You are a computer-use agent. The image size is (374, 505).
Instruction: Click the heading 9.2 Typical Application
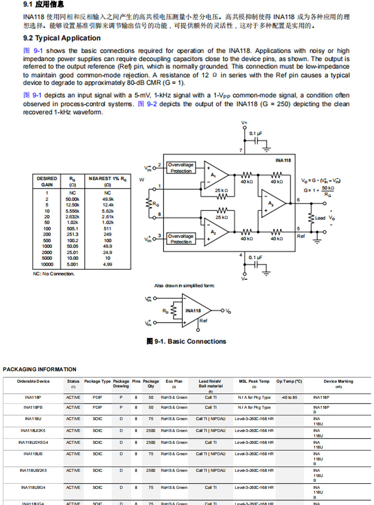pos(62,38)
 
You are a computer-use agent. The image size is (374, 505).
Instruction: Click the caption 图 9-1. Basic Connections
pos(187,341)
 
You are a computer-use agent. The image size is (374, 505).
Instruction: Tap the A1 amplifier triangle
pos(215,175)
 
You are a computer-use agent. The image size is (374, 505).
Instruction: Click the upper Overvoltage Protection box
pos(181,168)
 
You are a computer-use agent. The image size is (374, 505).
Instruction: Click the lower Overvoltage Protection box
pos(181,239)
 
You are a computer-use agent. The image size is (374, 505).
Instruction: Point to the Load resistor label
pos(320,218)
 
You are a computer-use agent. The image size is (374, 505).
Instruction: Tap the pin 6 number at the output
pos(298,200)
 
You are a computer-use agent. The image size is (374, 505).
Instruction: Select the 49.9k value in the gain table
pos(107,199)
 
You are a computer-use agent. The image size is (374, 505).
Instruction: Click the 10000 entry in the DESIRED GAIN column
pos(47,264)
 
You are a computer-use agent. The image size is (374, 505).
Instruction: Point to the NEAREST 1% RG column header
pos(107,181)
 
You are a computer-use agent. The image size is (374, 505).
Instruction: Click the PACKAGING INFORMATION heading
pos(39,369)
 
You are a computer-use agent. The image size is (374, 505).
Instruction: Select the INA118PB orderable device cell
pos(33,407)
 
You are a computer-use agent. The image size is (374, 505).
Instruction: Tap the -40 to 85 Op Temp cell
pos(289,397)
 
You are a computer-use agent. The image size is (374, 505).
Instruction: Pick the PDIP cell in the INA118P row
pos(98,397)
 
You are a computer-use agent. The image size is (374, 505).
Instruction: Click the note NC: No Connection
pos(53,274)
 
